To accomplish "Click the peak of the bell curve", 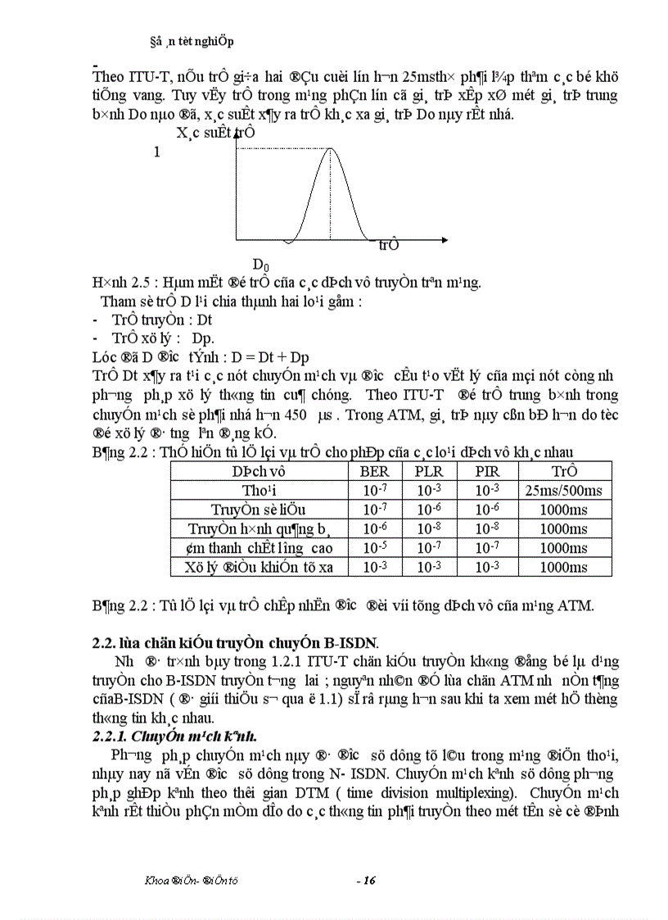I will click(x=330, y=148).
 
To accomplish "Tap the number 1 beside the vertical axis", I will click(x=156, y=152).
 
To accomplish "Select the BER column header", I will click(x=375, y=471).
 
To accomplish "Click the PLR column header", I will click(x=429, y=471).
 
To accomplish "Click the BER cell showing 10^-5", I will click(x=375, y=547).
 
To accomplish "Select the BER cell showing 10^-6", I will click(x=375, y=528).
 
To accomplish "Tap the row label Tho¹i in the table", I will click(x=261, y=490).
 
